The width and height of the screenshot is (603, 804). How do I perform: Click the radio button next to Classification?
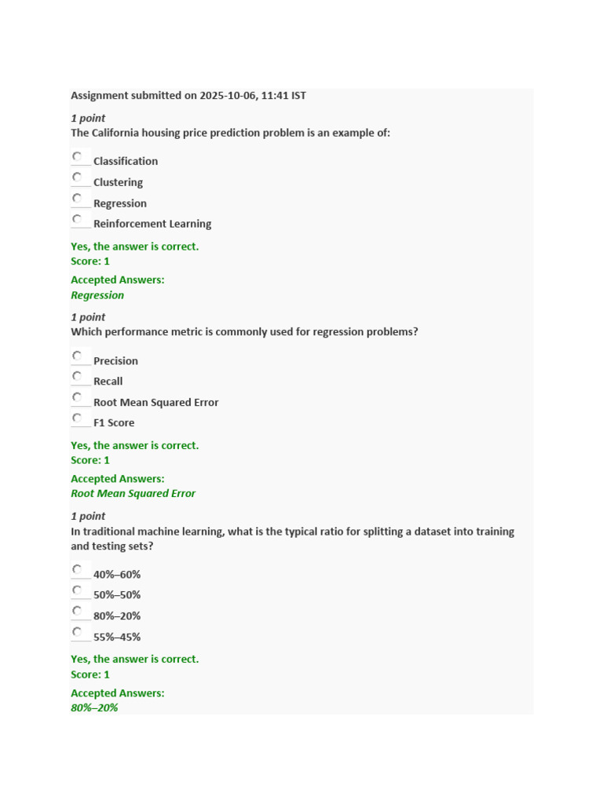(x=77, y=157)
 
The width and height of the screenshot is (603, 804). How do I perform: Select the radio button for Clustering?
(x=77, y=178)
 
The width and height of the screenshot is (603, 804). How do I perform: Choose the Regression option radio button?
(x=77, y=199)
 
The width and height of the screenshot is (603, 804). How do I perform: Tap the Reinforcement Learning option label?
(x=152, y=224)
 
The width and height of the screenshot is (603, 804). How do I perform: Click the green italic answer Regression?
(x=97, y=295)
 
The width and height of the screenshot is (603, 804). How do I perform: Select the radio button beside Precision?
(x=77, y=356)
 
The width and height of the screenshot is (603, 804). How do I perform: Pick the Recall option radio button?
(x=77, y=377)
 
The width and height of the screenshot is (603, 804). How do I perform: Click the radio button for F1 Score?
(x=77, y=418)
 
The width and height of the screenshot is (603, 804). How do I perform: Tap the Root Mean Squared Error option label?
(x=155, y=402)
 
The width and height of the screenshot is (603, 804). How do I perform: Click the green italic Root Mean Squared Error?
(x=133, y=494)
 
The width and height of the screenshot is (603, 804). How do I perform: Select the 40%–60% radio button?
(x=77, y=570)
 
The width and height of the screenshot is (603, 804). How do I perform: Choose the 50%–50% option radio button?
(x=77, y=590)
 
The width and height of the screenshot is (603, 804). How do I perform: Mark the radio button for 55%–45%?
(x=77, y=632)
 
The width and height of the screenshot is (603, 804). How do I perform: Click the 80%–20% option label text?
(x=117, y=616)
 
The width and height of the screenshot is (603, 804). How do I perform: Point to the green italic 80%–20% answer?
(x=94, y=708)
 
